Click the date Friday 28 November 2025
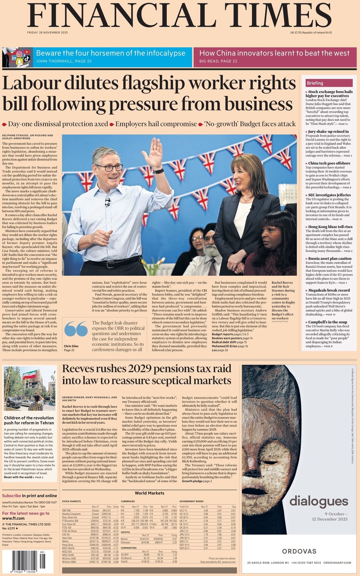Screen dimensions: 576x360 pos(47,32)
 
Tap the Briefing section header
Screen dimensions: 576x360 pos(315,83)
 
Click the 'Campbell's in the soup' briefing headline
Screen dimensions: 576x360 pos(328,322)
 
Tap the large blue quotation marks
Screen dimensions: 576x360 pos(76,329)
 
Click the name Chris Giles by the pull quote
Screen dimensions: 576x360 pos(71,346)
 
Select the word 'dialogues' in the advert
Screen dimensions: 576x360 pos(319,501)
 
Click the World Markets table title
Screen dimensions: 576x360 pos(149,493)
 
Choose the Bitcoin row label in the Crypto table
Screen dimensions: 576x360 pos(124,539)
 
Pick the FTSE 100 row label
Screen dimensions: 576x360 pos(67,527)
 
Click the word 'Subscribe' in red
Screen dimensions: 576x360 pos(11,496)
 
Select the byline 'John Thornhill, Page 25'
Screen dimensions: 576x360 pos(64,61)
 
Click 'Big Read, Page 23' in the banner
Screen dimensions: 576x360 pos(218,61)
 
